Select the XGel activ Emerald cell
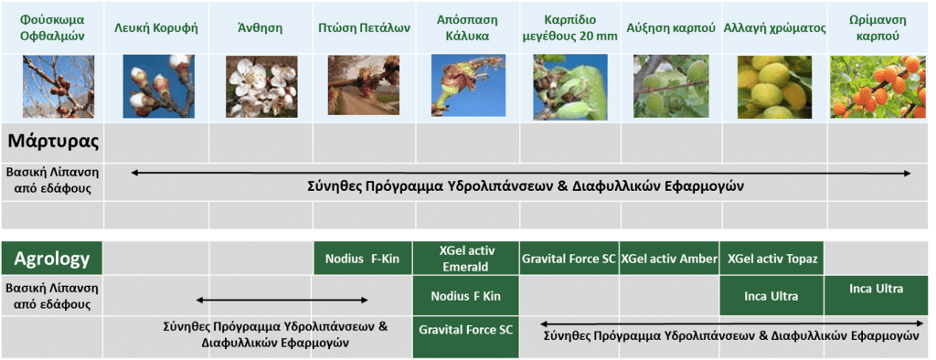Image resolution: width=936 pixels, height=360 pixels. [x=466, y=259]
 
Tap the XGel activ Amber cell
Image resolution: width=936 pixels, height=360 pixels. [x=669, y=259]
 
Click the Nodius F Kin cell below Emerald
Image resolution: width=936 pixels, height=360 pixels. [x=466, y=296]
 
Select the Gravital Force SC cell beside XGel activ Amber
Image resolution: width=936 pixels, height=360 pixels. [x=569, y=259]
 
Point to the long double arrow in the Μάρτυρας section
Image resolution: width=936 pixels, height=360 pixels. [x=521, y=172]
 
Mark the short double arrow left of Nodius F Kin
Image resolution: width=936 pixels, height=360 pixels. [x=283, y=299]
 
